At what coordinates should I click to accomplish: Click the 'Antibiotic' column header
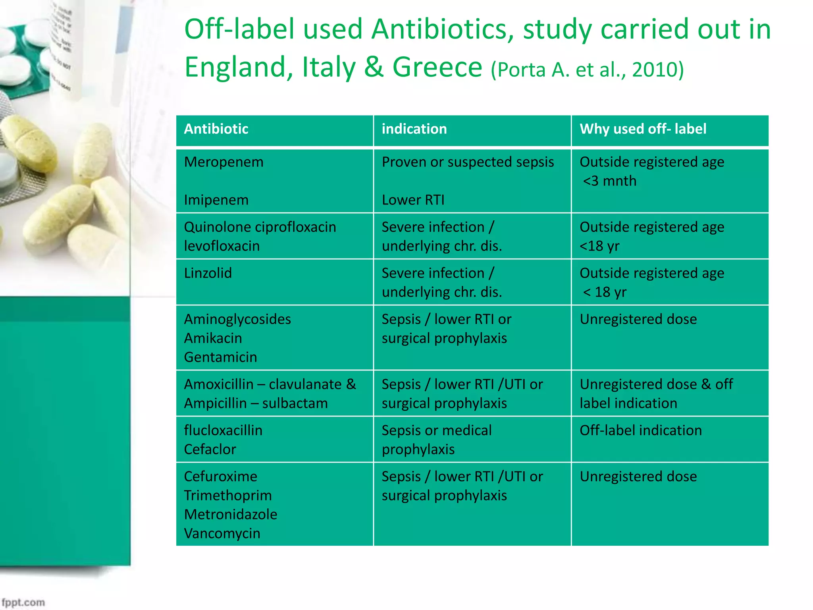pos(216,129)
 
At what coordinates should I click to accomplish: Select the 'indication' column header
pos(414,129)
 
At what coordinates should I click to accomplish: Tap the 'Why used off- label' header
pos(643,129)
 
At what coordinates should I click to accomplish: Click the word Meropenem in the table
pos(223,162)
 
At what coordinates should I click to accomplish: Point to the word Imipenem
pos(216,200)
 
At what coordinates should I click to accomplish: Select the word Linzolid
pos(208,273)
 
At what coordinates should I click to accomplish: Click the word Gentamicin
pos(220,357)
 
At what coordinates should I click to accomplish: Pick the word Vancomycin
pos(222,533)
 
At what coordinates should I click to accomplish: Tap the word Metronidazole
pos(230,515)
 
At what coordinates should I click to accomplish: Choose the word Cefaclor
pos(210,450)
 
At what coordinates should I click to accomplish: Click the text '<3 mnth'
pos(609,181)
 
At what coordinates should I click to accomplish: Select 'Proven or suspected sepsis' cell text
pos(468,162)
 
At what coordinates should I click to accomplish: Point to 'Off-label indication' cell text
pos(640,430)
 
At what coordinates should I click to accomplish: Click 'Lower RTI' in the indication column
pos(413,200)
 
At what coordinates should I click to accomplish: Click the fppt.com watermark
pos(23,602)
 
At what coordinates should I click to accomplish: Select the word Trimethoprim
pos(228,496)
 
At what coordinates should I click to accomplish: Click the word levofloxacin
pos(222,246)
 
